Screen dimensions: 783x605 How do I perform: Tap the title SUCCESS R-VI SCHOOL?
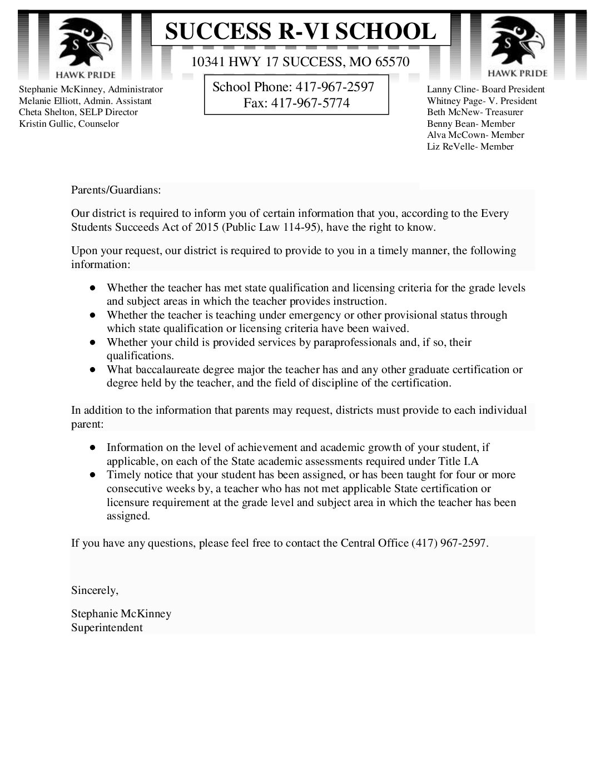pos(301,31)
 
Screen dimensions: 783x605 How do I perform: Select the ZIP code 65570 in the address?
pos(392,62)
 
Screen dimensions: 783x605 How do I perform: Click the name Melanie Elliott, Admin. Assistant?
pos(85,101)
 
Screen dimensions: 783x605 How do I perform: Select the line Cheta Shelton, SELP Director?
pos(78,112)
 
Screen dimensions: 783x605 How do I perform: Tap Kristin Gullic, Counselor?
pos(69,123)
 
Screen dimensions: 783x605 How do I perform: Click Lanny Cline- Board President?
pos(485,89)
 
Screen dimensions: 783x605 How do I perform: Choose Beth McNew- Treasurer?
pos(475,112)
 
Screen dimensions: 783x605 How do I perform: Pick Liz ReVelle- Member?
pos(470,147)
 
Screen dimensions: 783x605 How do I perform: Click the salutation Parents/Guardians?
pos(116,190)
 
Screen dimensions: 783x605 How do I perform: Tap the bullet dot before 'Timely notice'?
pos(93,475)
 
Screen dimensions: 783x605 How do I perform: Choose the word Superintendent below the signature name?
pos(107,627)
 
